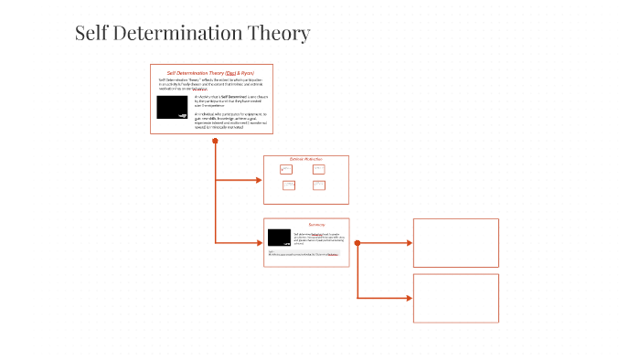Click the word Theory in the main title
tap(278, 34)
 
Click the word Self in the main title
tap(91, 33)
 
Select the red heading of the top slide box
tap(212, 72)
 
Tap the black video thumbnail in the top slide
tap(173, 107)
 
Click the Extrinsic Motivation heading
tap(306, 159)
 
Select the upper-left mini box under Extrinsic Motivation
tap(286, 169)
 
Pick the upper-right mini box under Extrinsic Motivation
tap(318, 169)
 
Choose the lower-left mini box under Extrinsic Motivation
tap(289, 185)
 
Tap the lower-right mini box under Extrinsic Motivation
tap(318, 185)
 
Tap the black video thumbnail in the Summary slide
tap(280, 238)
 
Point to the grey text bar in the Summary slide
tap(305, 253)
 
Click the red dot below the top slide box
tap(215, 142)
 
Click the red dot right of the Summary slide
tap(357, 243)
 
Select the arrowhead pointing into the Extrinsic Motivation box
tap(259, 180)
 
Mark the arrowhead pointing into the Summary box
tap(259, 242)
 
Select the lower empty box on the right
tap(455, 298)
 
